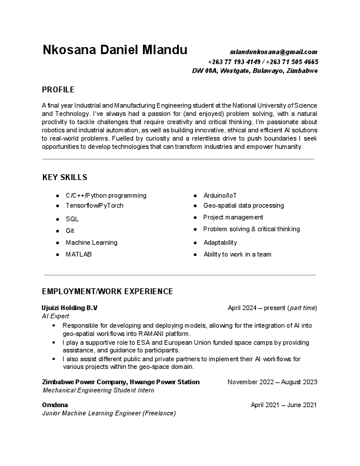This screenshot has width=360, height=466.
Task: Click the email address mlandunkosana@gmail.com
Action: pyautogui.click(x=273, y=52)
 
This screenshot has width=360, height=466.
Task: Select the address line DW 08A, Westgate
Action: pyautogui.click(x=255, y=71)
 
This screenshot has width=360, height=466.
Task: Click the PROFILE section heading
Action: pyautogui.click(x=58, y=90)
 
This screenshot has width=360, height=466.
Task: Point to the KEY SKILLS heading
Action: pyautogui.click(x=65, y=177)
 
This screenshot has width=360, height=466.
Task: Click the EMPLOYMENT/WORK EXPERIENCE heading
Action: pyautogui.click(x=107, y=291)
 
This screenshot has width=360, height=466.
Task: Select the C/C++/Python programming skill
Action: pyautogui.click(x=106, y=195)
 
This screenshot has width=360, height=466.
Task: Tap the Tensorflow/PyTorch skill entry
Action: pyautogui.click(x=94, y=205)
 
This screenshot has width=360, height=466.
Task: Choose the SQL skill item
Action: pyautogui.click(x=72, y=219)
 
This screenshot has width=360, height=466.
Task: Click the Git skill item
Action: pyautogui.click(x=70, y=231)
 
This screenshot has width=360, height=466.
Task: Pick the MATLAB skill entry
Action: pyautogui.click(x=78, y=254)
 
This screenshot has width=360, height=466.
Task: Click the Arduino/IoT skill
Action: pyautogui.click(x=220, y=195)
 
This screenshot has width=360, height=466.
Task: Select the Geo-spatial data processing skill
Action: pyautogui.click(x=244, y=205)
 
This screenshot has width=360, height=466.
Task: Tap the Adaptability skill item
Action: pyautogui.click(x=220, y=242)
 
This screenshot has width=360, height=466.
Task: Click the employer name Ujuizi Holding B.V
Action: pyautogui.click(x=69, y=308)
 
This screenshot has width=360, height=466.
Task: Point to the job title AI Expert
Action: pyautogui.click(x=55, y=316)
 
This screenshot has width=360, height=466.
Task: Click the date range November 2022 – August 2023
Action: pyautogui.click(x=272, y=382)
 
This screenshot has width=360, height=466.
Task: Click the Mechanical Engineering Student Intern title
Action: pyautogui.click(x=98, y=390)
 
